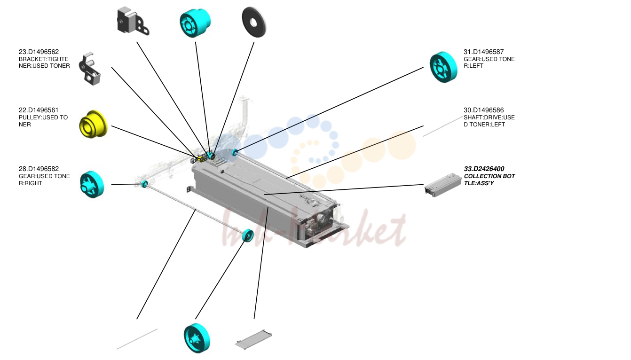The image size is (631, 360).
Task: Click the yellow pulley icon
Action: pyautogui.click(x=93, y=124)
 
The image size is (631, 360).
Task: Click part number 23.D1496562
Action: pyautogui.click(x=39, y=52)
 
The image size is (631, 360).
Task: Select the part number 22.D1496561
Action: pyautogui.click(x=39, y=110)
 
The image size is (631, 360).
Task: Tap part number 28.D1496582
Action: pyautogui.click(x=39, y=169)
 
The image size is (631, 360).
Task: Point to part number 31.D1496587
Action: pyautogui.click(x=484, y=52)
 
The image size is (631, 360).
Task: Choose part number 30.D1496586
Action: pyautogui.click(x=484, y=110)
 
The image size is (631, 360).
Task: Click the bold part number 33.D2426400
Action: pyautogui.click(x=484, y=169)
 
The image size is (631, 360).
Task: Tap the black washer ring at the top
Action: pyautogui.click(x=254, y=22)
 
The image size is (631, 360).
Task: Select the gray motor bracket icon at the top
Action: pyautogui.click(x=133, y=21)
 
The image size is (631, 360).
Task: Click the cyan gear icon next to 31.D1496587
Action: pyautogui.click(x=443, y=67)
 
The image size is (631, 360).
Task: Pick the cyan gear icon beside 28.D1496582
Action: pyautogui.click(x=92, y=185)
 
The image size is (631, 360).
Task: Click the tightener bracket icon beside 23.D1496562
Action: pyautogui.click(x=90, y=69)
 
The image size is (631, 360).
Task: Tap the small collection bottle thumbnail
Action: pyautogui.click(x=443, y=185)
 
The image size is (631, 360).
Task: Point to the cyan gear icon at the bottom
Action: pyautogui.click(x=197, y=338)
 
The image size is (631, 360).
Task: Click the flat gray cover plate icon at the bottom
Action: pyautogui.click(x=253, y=339)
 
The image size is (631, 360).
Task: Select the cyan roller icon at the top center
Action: pyautogui.click(x=195, y=23)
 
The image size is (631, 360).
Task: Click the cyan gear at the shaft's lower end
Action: pyautogui.click(x=248, y=235)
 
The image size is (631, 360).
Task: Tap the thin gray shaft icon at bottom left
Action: pyautogui.click(x=137, y=339)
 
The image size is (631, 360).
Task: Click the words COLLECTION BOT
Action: pyautogui.click(x=489, y=176)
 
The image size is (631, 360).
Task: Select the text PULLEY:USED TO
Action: pyautogui.click(x=43, y=117)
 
